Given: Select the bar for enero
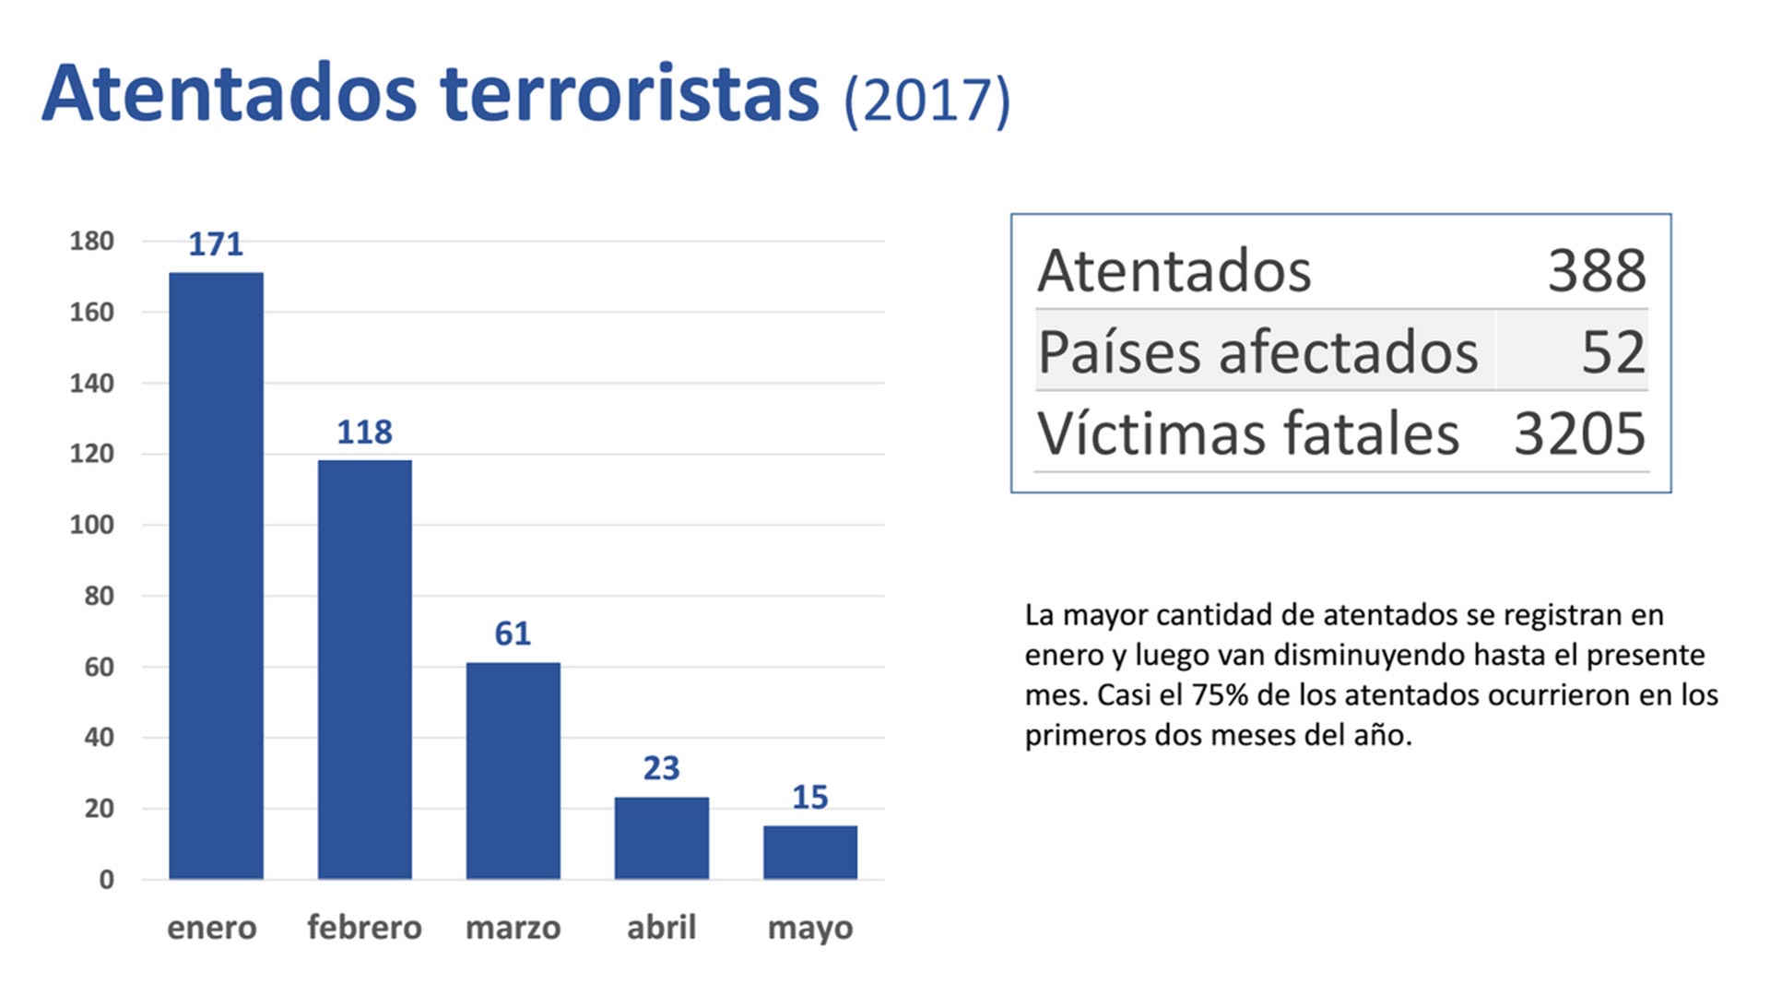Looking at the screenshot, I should pyautogui.click(x=216, y=575).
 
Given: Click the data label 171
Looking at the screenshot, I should pyautogui.click(x=216, y=244).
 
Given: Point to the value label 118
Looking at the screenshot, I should pyautogui.click(x=364, y=432).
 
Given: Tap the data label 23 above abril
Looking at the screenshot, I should pyautogui.click(x=661, y=768).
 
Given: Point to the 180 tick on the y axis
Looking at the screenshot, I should pyautogui.click(x=91, y=242).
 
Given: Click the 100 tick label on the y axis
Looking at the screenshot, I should pyautogui.click(x=91, y=525).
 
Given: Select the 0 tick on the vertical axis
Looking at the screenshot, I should pyautogui.click(x=106, y=880).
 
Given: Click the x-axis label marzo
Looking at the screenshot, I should pyautogui.click(x=513, y=927).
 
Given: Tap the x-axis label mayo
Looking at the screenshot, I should pyautogui.click(x=809, y=928).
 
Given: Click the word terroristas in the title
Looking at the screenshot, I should pyautogui.click(x=629, y=94).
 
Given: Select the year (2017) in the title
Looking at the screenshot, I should pyautogui.click(x=926, y=100).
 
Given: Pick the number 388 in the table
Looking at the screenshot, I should pyautogui.click(x=1596, y=270).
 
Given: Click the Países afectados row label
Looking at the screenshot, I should pyautogui.click(x=1257, y=352).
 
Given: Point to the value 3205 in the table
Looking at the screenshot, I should pyautogui.click(x=1579, y=433).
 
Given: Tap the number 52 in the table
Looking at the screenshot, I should pyautogui.click(x=1612, y=352).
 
